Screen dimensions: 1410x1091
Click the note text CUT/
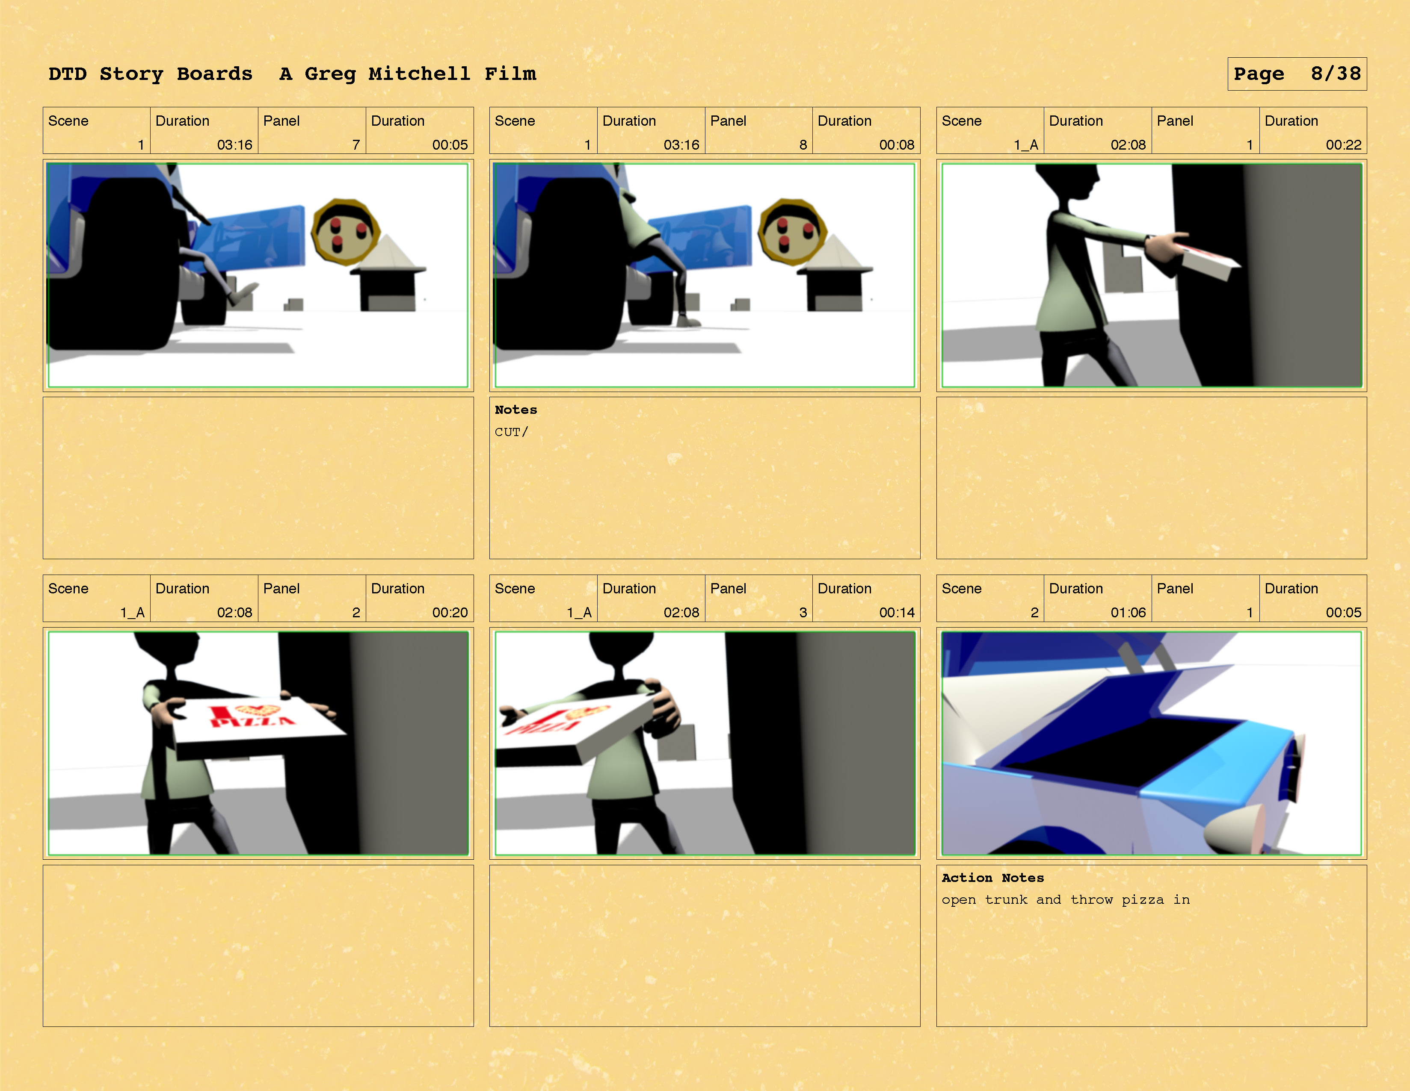pos(511,432)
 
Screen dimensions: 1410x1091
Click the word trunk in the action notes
pos(1006,900)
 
